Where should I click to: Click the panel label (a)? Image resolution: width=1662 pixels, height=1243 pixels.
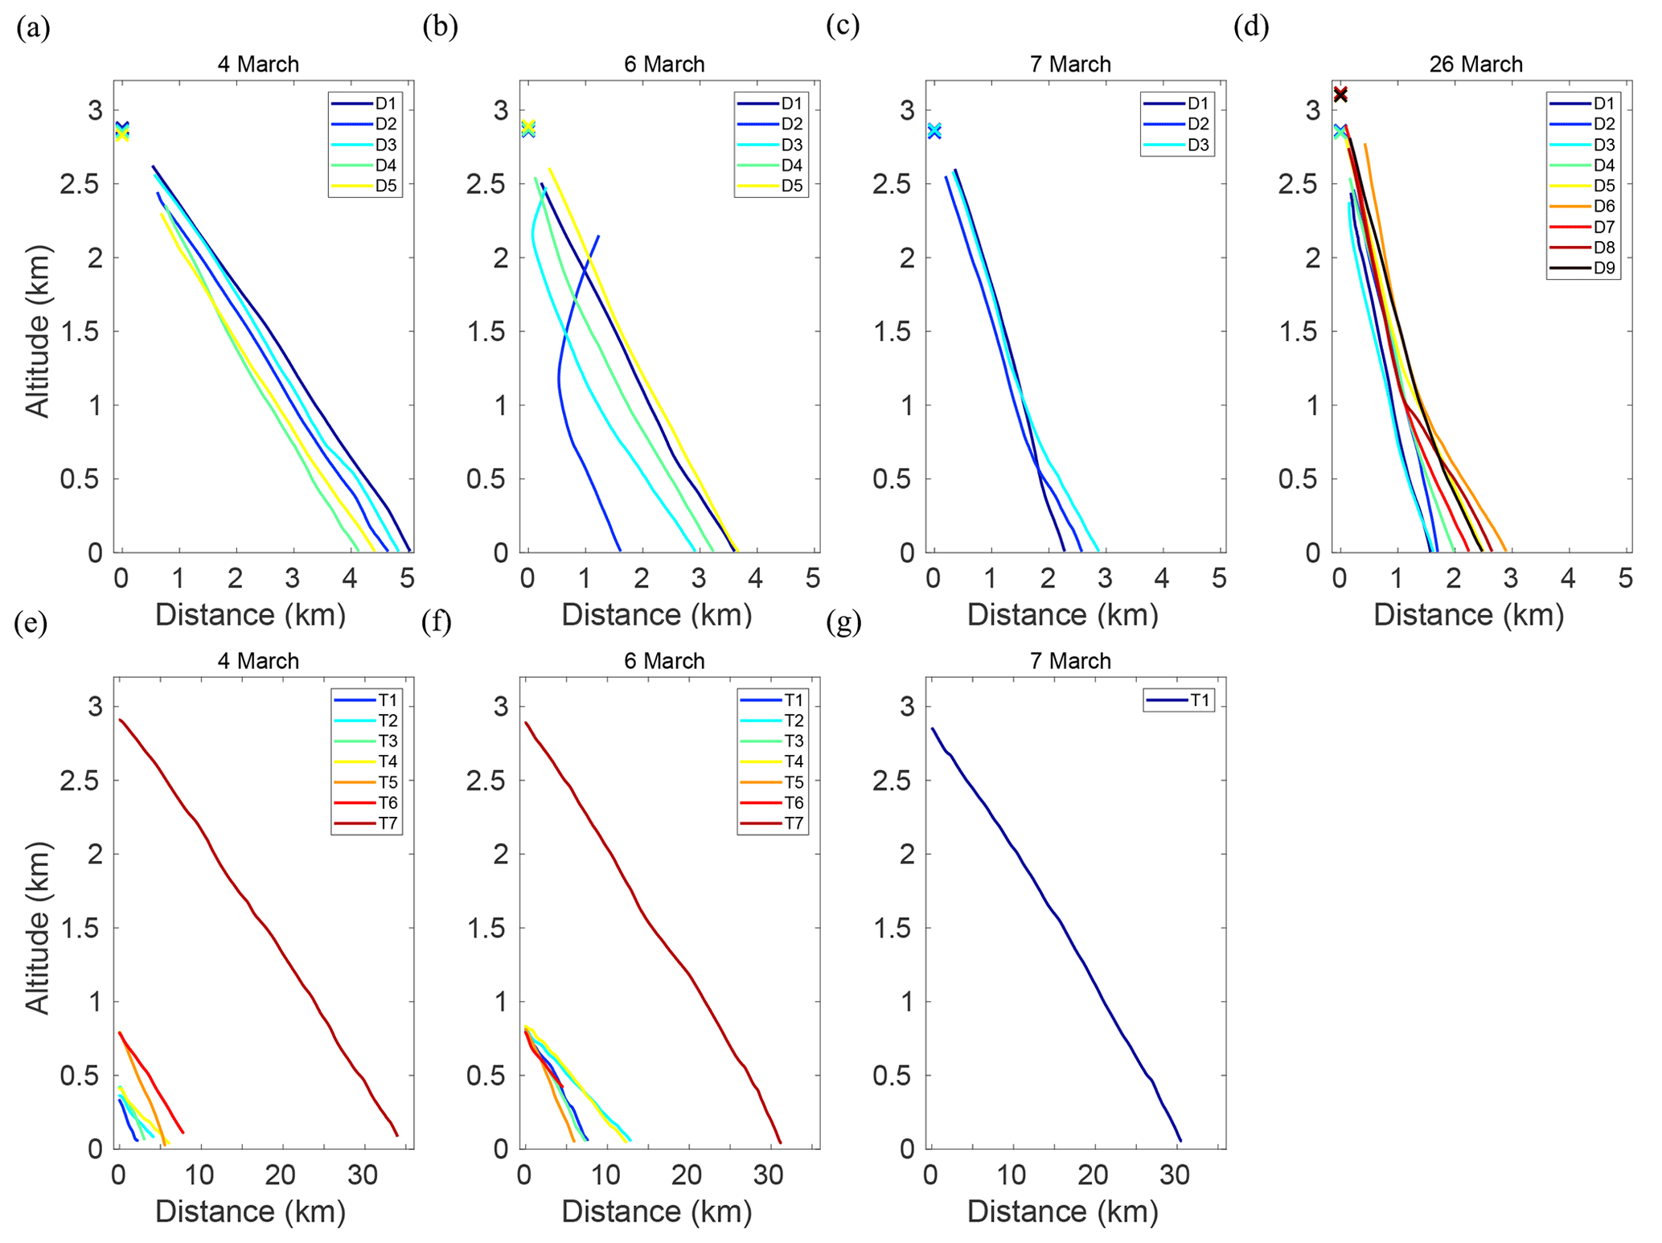pyautogui.click(x=33, y=29)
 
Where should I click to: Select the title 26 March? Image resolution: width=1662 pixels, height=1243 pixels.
pyautogui.click(x=1475, y=64)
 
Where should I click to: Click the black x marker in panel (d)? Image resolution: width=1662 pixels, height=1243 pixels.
pyautogui.click(x=1340, y=95)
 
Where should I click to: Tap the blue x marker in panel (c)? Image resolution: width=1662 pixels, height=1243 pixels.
pyautogui.click(x=934, y=131)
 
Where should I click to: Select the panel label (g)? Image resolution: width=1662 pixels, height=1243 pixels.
pyautogui.click(x=843, y=623)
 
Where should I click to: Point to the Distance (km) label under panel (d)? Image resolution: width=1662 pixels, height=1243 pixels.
pyautogui.click(x=1468, y=614)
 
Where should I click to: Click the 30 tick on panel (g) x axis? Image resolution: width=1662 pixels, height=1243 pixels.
pyautogui.click(x=1175, y=1175)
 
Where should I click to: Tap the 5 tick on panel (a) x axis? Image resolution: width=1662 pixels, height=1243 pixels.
pyautogui.click(x=407, y=578)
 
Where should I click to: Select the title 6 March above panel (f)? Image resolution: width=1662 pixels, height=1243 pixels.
pyautogui.click(x=664, y=661)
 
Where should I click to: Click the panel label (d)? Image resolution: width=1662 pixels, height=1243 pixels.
pyautogui.click(x=1251, y=27)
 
